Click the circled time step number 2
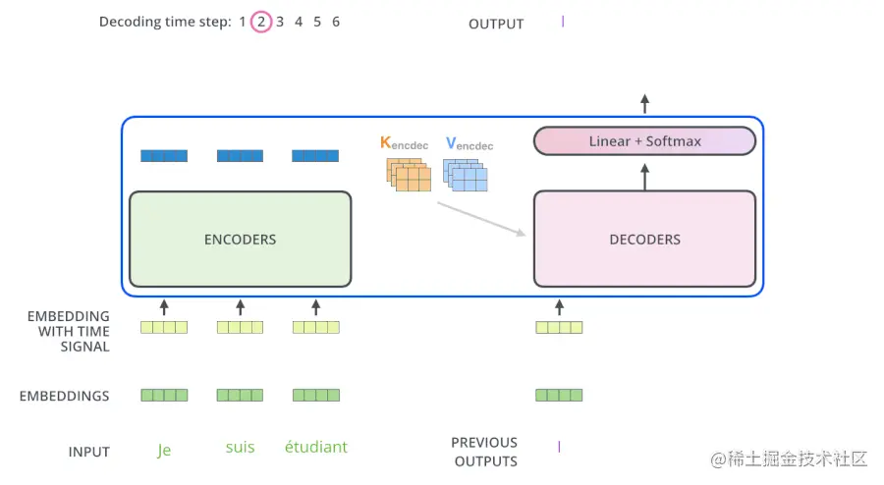click(x=261, y=22)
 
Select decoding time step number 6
click(x=336, y=22)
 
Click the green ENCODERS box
click(x=241, y=239)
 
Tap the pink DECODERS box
click(x=644, y=239)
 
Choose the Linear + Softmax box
click(x=644, y=141)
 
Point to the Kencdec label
click(x=404, y=143)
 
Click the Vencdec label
click(x=470, y=144)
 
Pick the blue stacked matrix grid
click(x=467, y=174)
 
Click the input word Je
click(x=164, y=449)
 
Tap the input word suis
click(x=240, y=448)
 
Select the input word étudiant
click(x=315, y=448)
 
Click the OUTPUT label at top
click(x=496, y=24)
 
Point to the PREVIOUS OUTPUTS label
click(x=484, y=452)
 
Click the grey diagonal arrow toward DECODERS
click(x=480, y=219)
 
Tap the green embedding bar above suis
click(x=240, y=396)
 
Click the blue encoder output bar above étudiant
click(x=315, y=155)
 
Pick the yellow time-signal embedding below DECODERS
click(x=559, y=327)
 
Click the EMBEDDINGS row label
click(x=64, y=397)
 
